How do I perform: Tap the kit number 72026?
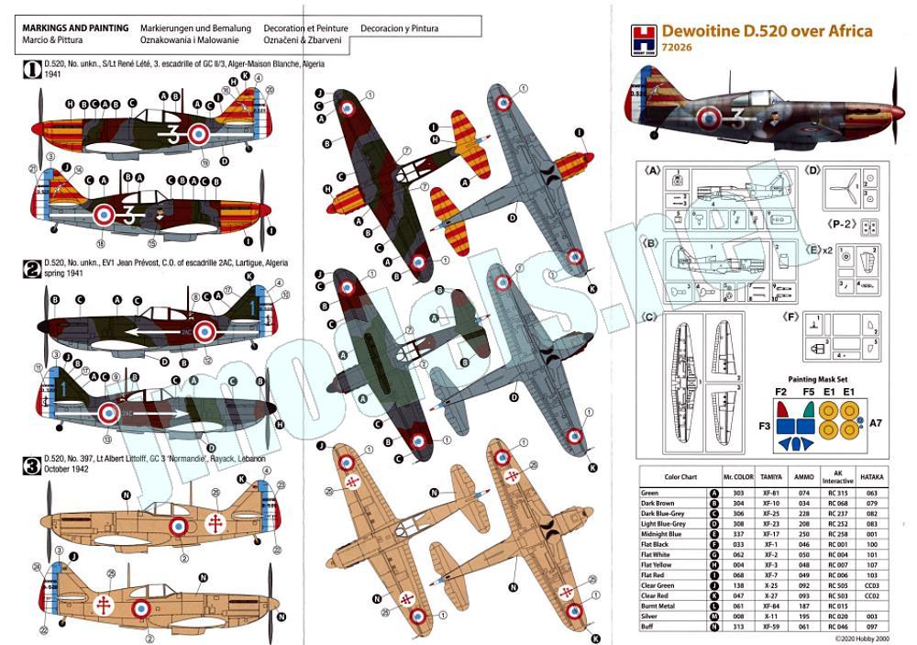point(678,48)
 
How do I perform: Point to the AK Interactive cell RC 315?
point(837,494)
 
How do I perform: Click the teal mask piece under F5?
point(807,408)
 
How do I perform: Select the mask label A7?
point(876,423)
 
